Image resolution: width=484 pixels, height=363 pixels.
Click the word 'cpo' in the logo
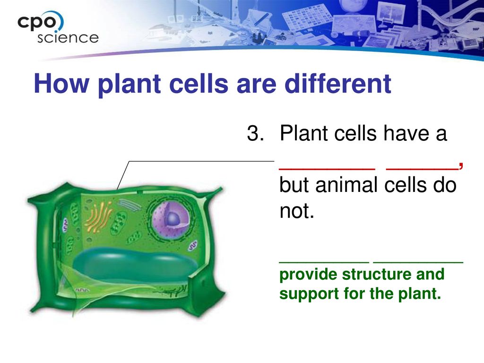point(37,23)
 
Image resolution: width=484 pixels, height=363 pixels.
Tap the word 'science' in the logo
point(68,38)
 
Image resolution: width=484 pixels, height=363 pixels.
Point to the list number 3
point(256,133)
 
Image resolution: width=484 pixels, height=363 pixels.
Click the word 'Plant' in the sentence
point(304,133)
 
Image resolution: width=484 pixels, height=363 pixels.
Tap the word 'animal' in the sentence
point(346,185)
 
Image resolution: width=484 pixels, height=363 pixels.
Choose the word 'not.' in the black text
point(297,211)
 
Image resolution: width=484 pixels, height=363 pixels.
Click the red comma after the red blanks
point(460,166)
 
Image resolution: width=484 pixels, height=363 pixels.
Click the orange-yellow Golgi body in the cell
point(98,216)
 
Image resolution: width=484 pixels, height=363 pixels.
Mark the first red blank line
point(327,169)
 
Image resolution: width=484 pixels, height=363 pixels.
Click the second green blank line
point(418,262)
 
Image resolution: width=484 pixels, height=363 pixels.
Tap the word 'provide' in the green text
point(308,275)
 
